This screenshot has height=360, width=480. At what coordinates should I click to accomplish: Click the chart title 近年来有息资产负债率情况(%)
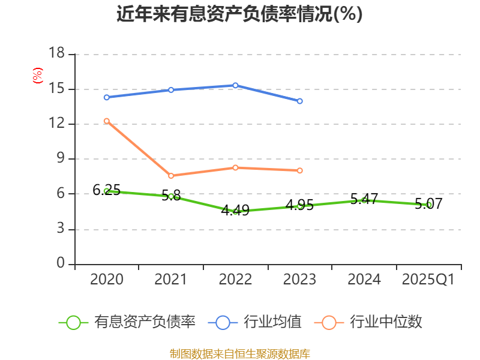tap(239, 14)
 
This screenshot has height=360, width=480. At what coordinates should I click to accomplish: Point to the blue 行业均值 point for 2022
tap(235, 85)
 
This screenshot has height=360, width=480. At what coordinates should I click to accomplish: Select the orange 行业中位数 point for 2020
tap(107, 121)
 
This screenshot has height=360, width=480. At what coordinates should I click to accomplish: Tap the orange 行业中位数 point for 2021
tap(171, 176)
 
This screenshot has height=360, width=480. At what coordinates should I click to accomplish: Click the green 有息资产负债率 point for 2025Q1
tap(428, 205)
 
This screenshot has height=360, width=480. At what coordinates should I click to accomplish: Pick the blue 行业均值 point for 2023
tap(299, 101)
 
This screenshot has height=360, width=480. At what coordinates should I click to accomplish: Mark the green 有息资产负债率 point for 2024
tap(364, 200)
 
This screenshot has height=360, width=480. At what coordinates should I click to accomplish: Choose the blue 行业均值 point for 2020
tap(107, 97)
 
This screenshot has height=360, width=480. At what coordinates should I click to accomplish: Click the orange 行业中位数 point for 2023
tap(299, 170)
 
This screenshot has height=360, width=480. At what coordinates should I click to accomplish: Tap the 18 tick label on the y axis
tap(56, 54)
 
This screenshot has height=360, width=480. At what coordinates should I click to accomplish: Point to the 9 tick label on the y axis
tap(61, 159)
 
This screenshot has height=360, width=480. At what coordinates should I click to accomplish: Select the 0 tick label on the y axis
tap(61, 264)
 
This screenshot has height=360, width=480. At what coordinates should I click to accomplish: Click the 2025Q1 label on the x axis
tap(428, 280)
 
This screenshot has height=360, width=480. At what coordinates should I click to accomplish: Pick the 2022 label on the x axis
tap(235, 280)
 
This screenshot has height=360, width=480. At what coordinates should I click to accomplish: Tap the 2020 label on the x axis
tap(107, 280)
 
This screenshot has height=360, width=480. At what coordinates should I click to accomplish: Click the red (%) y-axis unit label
tap(37, 76)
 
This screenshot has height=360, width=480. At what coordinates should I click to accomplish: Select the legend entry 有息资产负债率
tap(127, 322)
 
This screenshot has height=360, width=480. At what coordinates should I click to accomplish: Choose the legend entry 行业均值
tap(255, 322)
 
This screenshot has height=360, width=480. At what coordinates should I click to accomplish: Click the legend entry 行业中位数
tap(369, 322)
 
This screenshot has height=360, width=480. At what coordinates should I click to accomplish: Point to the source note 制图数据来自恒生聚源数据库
tap(239, 353)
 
